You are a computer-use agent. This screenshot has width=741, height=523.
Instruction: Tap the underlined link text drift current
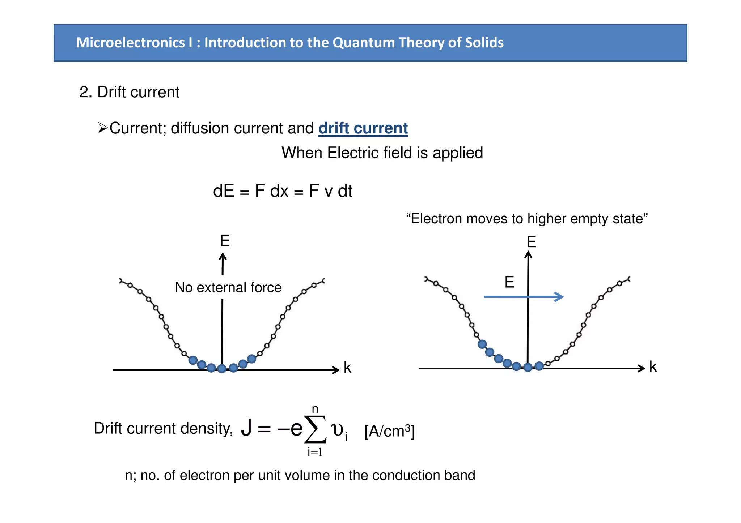click(363, 128)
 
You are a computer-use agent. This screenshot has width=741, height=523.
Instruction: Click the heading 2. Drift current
click(129, 92)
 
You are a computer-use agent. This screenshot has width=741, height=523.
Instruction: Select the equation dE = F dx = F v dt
click(283, 191)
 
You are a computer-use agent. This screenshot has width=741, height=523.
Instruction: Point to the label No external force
click(228, 287)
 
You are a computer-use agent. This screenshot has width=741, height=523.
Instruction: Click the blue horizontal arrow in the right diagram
click(524, 297)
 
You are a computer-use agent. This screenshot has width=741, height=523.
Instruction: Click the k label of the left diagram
click(347, 368)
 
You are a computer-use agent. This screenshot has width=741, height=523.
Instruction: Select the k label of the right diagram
click(653, 367)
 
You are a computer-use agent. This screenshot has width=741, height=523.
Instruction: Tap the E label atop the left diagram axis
click(225, 241)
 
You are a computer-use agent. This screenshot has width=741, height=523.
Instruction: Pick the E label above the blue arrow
click(509, 282)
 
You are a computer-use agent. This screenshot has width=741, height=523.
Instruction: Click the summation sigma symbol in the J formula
click(316, 429)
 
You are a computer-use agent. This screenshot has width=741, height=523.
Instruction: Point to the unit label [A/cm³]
click(389, 431)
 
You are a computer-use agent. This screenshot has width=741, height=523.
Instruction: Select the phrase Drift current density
click(163, 428)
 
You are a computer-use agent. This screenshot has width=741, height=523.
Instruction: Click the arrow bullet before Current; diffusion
click(103, 128)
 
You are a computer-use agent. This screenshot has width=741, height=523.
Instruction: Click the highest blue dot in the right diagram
click(482, 344)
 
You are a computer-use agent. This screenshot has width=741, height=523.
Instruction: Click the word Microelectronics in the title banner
click(130, 43)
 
